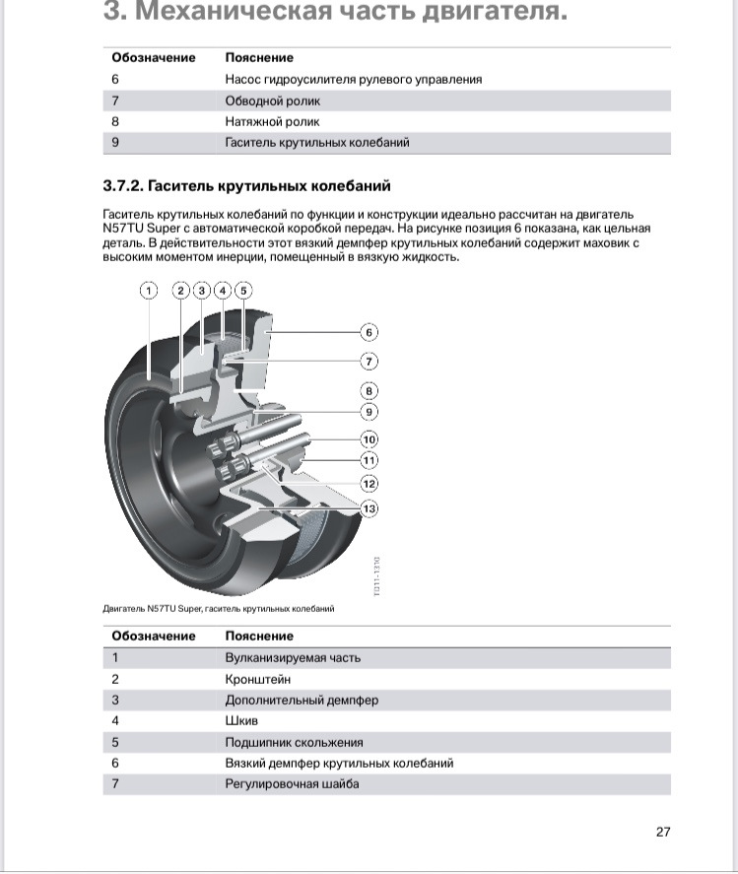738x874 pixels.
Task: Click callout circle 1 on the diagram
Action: tap(149, 290)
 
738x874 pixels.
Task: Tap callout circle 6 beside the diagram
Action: tap(369, 332)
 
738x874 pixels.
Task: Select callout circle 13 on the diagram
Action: tap(369, 508)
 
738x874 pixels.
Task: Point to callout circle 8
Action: tap(369, 390)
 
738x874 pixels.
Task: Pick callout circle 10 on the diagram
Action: tap(369, 438)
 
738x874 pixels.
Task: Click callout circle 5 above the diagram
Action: tap(242, 290)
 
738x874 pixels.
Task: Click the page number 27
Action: tap(663, 832)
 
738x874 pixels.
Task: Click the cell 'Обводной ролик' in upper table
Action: tap(273, 101)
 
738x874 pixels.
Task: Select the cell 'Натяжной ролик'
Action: tap(273, 121)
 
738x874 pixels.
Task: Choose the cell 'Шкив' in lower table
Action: tap(241, 720)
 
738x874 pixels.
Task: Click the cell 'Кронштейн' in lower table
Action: tap(258, 679)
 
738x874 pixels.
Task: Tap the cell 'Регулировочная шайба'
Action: tap(293, 783)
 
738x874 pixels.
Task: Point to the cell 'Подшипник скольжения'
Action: tap(295, 742)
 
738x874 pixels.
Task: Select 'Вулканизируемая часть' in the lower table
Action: tap(293, 657)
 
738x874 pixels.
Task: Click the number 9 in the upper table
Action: tap(115, 142)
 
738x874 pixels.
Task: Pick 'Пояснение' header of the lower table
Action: tap(259, 636)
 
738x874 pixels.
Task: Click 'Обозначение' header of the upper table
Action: tap(154, 57)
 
